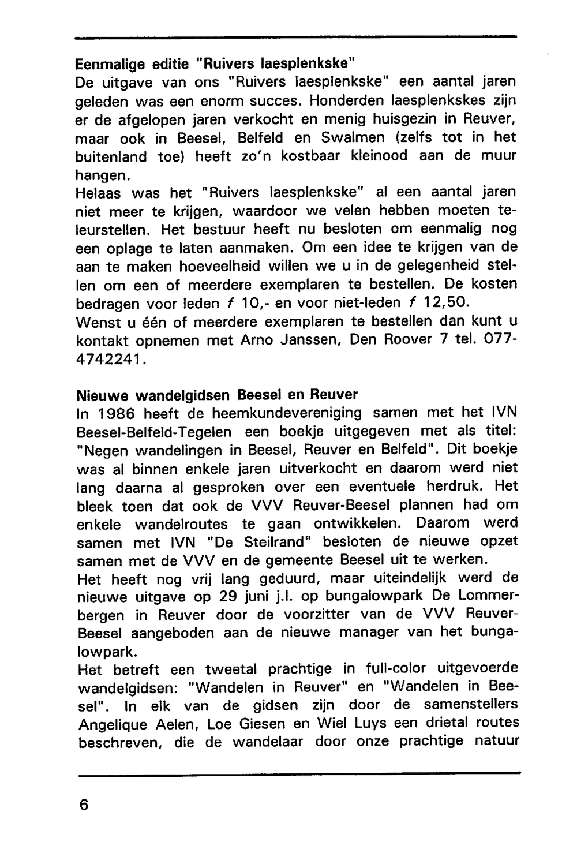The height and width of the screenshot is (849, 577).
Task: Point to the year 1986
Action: click(x=115, y=413)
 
